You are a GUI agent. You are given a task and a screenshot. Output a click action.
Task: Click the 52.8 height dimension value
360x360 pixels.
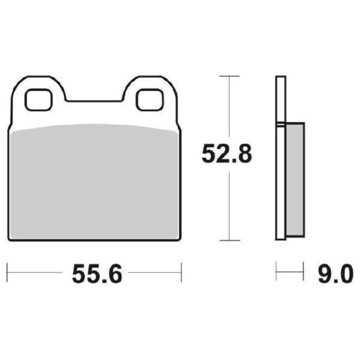[228, 154]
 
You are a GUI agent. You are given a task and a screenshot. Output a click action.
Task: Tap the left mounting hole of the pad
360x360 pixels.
[38, 100]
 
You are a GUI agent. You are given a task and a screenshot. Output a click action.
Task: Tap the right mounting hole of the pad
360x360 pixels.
[149, 100]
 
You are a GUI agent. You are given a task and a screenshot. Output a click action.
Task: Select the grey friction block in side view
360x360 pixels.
[295, 180]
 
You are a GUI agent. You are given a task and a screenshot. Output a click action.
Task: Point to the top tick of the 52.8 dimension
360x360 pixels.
[230, 76]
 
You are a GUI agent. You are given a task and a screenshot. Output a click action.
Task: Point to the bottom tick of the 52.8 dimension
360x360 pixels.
[230, 241]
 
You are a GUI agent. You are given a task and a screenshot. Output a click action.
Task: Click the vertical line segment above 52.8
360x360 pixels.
[230, 108]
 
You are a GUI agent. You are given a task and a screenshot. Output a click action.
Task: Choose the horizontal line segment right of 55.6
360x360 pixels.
[155, 272]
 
